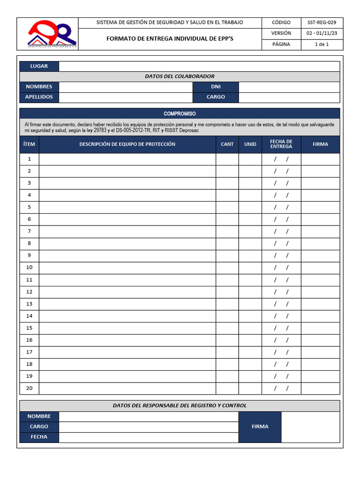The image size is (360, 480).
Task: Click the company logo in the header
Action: point(52,34)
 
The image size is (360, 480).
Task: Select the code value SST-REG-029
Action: point(322,22)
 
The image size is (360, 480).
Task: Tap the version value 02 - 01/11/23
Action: point(322,33)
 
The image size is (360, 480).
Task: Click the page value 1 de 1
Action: point(322,45)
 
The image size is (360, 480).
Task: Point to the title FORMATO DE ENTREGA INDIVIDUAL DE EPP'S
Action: point(170,39)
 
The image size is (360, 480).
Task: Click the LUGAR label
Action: point(39,67)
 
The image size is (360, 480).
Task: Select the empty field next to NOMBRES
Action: point(126,87)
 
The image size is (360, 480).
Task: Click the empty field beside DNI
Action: point(289,87)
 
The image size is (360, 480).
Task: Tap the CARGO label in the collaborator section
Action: point(216,97)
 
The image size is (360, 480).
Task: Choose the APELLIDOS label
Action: point(39,97)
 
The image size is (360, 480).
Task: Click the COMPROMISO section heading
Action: point(180,114)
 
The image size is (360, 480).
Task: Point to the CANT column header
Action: point(227,144)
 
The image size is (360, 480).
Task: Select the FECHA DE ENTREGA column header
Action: point(281,144)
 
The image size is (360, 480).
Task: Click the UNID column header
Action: point(250,144)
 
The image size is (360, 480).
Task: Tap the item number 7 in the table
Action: point(29,231)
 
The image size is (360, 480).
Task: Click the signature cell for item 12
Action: point(320,292)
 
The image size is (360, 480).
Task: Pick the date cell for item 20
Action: point(281,389)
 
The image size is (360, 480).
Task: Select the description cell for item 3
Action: point(127,183)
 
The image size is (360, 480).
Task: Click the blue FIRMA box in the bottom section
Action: point(260,427)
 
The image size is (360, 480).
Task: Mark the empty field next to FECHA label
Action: point(149,437)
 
